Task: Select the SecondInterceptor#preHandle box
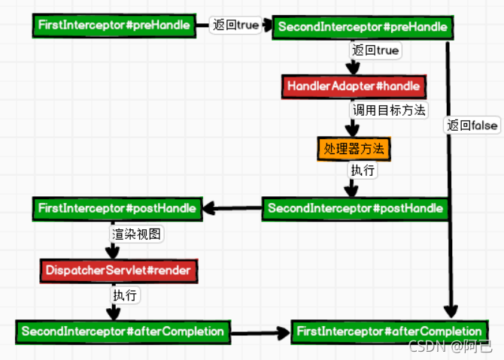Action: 363,27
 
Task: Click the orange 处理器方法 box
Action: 354,148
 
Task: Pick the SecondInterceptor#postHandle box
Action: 354,208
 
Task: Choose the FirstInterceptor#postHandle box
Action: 117,207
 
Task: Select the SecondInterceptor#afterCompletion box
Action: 123,331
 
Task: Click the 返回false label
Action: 472,126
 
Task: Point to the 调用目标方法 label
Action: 390,110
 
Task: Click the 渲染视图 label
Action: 136,234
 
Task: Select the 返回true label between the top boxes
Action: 235,26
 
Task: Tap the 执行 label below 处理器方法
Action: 363,171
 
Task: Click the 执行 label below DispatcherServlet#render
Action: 125,295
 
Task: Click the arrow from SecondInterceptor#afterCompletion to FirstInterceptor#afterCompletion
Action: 260,331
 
